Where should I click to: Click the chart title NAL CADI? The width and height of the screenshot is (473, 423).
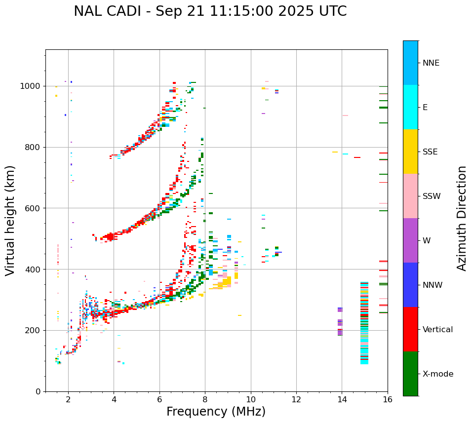click(210, 11)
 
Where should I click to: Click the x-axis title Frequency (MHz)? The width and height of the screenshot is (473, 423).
click(216, 412)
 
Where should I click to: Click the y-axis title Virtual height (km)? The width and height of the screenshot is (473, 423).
click(10, 220)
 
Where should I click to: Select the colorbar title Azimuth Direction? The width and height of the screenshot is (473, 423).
click(462, 218)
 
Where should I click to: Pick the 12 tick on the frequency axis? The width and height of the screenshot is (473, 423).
click(296, 399)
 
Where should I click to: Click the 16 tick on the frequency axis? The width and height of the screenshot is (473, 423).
click(388, 399)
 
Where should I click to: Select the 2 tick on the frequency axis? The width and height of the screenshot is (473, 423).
click(68, 399)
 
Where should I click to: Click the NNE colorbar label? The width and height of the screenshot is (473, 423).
click(431, 63)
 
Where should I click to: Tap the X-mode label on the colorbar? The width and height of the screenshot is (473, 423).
click(437, 374)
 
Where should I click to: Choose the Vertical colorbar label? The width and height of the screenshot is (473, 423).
click(437, 330)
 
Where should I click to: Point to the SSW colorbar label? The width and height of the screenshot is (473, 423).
click(432, 196)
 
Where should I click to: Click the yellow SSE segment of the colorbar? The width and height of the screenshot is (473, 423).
click(410, 152)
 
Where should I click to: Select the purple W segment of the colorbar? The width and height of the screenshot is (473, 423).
click(410, 240)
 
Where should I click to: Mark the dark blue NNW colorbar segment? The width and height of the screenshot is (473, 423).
click(410, 285)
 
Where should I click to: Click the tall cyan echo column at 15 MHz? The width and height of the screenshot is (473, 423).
click(364, 323)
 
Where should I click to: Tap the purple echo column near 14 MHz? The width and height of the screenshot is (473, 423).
click(340, 322)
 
